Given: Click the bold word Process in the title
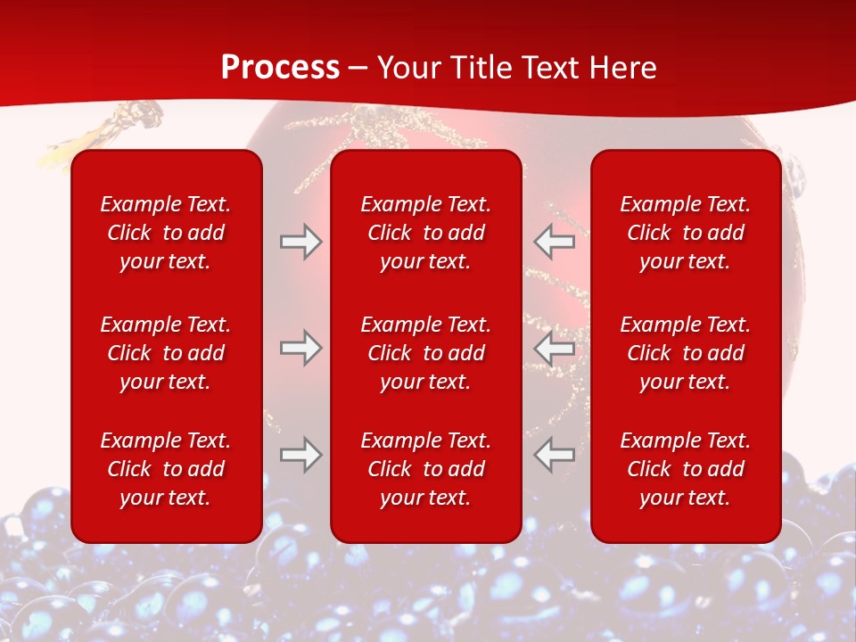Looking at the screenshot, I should click(x=280, y=68).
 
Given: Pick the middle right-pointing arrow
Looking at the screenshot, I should click(x=300, y=348).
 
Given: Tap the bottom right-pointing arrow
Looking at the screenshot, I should click(x=300, y=455).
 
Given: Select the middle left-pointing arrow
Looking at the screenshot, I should click(x=555, y=348).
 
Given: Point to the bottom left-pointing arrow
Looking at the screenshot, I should click(x=555, y=455).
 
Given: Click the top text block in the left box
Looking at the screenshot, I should click(x=166, y=233).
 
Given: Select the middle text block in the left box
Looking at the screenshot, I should click(x=166, y=353).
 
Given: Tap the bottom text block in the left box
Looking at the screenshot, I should click(x=166, y=469).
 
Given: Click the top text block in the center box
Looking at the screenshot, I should click(x=425, y=233).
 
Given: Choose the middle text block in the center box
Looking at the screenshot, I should click(x=425, y=353).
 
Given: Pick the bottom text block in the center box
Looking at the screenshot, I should click(x=425, y=469).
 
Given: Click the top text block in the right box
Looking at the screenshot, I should click(x=685, y=233).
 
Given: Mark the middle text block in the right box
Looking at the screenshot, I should click(x=685, y=353).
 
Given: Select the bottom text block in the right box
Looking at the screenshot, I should click(x=685, y=469).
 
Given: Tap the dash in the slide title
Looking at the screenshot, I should click(x=358, y=69).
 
